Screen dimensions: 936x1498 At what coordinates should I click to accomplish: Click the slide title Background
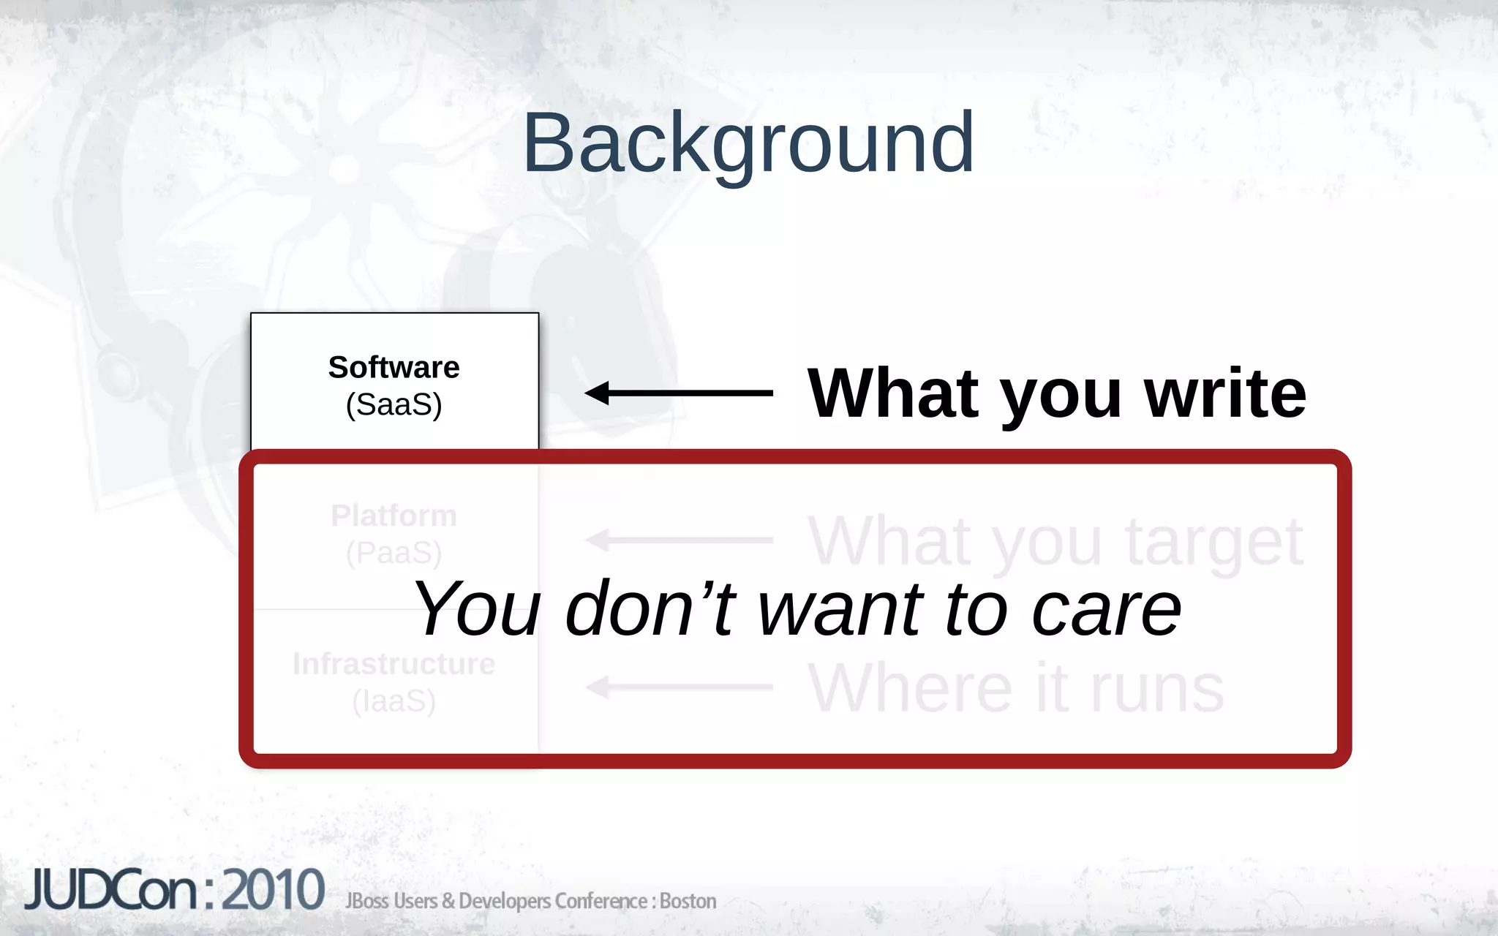(748, 143)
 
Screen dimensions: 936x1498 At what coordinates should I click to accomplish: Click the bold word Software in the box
(394, 367)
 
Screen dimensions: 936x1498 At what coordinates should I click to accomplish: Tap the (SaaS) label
(394, 404)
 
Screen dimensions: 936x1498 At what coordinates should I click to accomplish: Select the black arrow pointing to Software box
(678, 393)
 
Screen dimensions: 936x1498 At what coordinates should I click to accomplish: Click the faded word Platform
(394, 516)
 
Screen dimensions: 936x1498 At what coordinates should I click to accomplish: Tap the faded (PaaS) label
(394, 553)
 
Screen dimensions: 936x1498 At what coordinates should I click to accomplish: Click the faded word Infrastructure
(394, 664)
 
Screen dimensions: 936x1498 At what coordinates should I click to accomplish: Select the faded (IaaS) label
(394, 701)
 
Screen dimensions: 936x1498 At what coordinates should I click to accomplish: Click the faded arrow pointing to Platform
(678, 540)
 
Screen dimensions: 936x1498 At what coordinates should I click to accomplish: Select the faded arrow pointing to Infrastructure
(678, 687)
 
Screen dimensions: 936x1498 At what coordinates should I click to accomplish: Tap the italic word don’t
(650, 609)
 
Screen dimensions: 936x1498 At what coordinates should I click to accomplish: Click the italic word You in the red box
(478, 609)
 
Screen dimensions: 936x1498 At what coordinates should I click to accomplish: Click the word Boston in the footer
(688, 901)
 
